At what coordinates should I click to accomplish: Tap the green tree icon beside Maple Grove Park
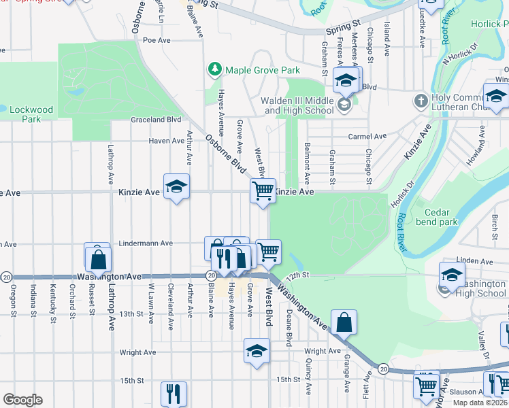215,69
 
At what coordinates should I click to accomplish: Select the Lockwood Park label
31,114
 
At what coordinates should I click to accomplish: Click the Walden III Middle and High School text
297,105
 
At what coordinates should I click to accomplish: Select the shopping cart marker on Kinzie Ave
263,190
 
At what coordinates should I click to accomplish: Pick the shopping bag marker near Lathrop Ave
99,258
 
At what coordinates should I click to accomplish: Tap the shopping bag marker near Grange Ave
344,322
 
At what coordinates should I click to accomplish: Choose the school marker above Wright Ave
257,351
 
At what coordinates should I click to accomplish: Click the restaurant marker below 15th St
174,393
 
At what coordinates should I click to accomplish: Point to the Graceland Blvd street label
156,120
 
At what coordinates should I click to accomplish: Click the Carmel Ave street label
367,136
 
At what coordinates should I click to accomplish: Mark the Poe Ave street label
156,40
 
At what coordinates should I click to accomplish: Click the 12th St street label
298,275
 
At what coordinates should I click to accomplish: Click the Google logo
22,400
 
